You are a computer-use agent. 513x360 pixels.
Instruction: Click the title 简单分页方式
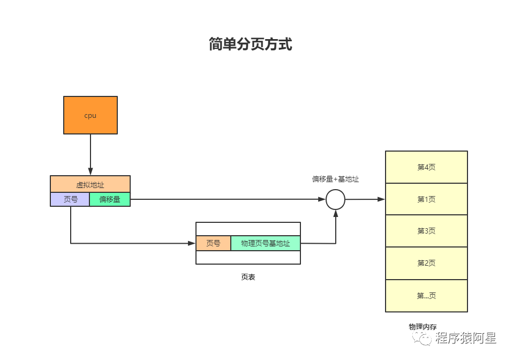pos(251,44)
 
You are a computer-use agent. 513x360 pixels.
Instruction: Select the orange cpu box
pos(90,115)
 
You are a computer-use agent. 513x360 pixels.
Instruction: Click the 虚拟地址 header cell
pos(90,184)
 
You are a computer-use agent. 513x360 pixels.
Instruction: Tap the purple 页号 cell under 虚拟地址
pos(70,199)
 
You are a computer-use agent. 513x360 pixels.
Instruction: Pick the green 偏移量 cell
pos(110,199)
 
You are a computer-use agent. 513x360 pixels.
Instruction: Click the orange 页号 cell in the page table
pos(213,243)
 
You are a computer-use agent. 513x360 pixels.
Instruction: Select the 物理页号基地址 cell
pos(266,243)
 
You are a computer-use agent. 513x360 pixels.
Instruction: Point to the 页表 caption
pos(248,277)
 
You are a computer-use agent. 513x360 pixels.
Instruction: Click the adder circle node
pos(335,199)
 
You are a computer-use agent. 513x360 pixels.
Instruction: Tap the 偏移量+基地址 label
pos(335,179)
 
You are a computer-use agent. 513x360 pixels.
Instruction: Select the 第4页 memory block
pos(426,167)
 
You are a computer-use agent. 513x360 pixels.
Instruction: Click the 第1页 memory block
pos(426,199)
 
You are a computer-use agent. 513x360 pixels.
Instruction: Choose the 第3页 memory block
pos(426,231)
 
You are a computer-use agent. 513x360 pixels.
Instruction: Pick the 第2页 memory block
pos(426,263)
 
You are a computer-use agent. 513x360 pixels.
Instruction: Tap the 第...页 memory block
pos(426,296)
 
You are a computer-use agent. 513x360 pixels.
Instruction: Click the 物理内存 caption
pos(423,326)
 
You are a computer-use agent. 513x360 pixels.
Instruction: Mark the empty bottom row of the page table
pos(248,258)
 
